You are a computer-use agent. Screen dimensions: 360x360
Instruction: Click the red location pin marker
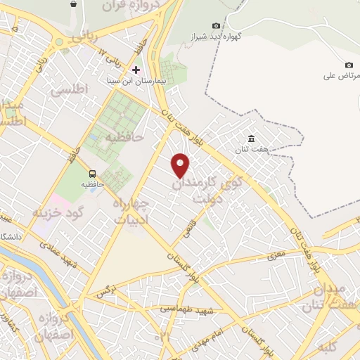tap(181, 165)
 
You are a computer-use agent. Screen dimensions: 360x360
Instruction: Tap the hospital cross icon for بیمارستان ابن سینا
tap(136, 70)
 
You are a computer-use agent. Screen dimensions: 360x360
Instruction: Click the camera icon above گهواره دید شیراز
tap(216, 25)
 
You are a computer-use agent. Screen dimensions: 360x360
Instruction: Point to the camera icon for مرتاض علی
tap(349, 65)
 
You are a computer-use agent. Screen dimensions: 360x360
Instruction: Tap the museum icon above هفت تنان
tap(252, 138)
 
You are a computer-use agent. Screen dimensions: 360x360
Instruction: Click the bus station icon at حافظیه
tap(93, 174)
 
